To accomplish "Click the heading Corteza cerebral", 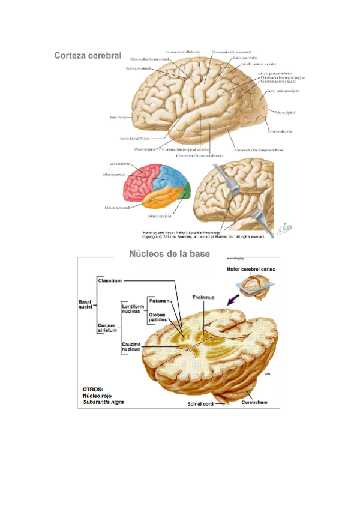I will click(88, 56).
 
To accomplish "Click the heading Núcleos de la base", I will click(170, 254).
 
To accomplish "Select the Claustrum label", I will click(110, 280).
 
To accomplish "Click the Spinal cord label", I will click(199, 404).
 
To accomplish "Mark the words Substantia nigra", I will click(104, 402).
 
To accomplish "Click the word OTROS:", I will click(92, 389).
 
